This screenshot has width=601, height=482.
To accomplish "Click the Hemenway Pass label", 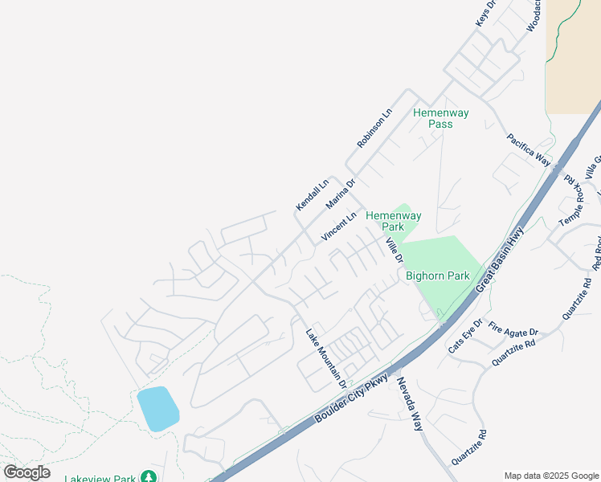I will point(433,118).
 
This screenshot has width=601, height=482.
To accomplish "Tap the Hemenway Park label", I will point(394,221).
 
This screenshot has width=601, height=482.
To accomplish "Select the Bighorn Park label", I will point(437,276).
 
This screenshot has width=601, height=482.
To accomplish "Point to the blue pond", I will point(157,408).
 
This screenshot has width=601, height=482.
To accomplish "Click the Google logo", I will point(27,472).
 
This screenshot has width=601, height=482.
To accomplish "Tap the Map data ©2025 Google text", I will point(550,475).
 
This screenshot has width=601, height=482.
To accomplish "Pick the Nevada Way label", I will point(409,404).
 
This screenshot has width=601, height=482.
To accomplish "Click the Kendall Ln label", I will point(313,195).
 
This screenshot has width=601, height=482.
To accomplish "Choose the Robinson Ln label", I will point(374,129).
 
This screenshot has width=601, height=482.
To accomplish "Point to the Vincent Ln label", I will point(338,227).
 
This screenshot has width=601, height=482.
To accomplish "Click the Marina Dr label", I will point(341,194).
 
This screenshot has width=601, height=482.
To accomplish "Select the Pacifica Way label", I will point(529,150).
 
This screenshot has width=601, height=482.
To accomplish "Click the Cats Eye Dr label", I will point(465,337).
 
